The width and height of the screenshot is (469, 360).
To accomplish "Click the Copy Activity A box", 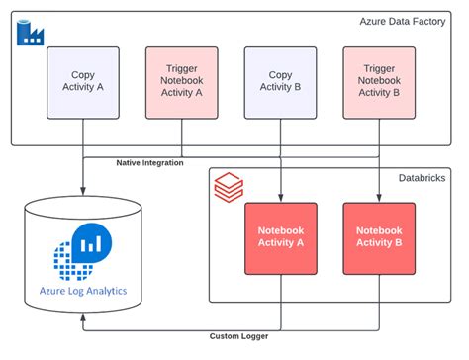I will (83, 81).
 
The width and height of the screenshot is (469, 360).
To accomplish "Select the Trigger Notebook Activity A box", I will (181, 81).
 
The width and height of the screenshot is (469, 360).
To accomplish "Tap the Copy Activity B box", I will (280, 81).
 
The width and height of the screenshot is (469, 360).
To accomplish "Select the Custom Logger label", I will (238, 336).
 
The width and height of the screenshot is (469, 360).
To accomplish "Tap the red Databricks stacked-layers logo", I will (225, 185).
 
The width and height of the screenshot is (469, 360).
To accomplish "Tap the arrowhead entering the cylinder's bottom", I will (83, 320).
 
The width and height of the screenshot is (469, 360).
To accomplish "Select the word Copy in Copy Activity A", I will (83, 74).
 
